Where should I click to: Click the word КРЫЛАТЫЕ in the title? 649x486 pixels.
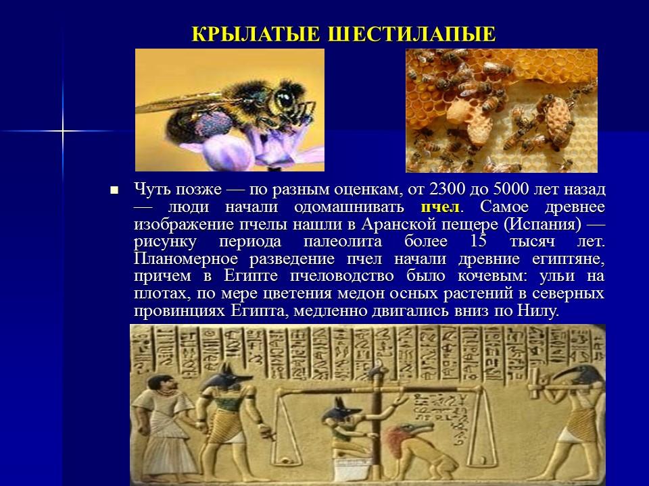pyautogui.click(x=256, y=35)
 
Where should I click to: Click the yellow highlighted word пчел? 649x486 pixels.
pyautogui.click(x=439, y=206)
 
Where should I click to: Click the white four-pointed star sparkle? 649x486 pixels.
pyautogui.click(x=62, y=130)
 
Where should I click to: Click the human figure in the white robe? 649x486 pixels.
pyautogui.click(x=160, y=425)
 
